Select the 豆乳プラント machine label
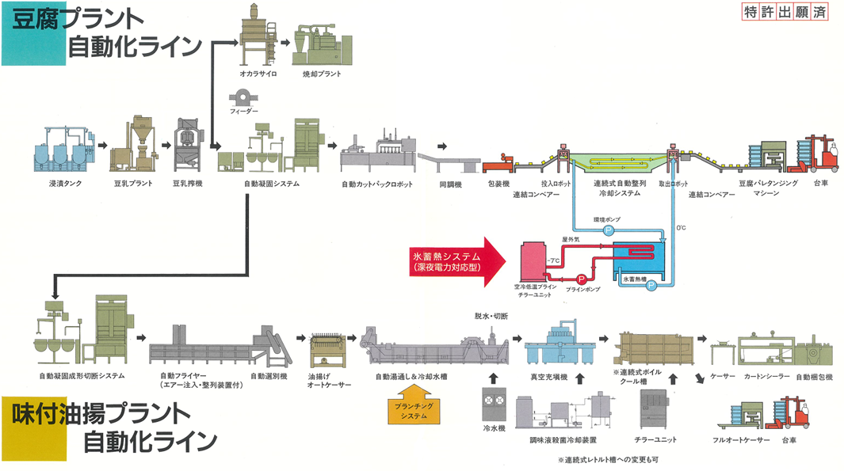click(x=132, y=184)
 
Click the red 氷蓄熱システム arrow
click(x=459, y=262)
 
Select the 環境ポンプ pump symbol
click(x=609, y=230)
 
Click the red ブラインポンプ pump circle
click(x=581, y=279)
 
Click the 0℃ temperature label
click(x=681, y=229)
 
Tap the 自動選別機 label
click(x=269, y=376)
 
